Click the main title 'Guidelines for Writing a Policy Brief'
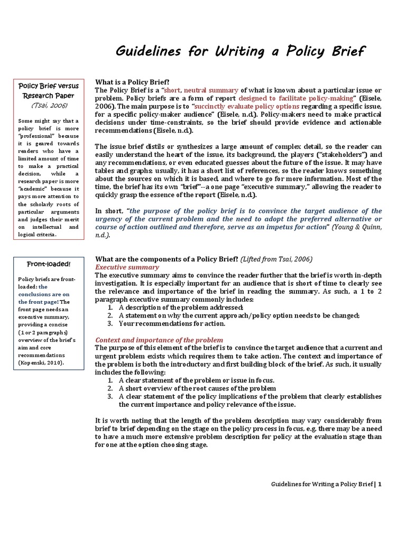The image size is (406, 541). [240, 52]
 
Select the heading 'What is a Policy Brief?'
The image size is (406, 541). [132, 82]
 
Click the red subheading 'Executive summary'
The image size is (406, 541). [127, 267]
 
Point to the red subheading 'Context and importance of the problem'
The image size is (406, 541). [159, 340]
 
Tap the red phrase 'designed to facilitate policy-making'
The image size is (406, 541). [296, 98]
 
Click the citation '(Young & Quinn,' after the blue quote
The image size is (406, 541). [356, 227]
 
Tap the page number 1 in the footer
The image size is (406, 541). [380, 484]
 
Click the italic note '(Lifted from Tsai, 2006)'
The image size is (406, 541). [276, 259]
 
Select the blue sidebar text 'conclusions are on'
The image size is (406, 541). [43, 294]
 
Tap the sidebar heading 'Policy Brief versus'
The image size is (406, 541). [48, 86]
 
